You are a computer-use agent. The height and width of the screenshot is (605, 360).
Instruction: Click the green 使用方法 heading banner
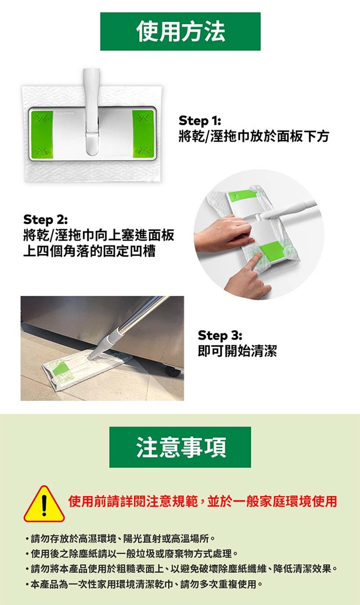180,31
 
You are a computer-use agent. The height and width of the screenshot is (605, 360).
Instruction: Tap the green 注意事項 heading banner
180,447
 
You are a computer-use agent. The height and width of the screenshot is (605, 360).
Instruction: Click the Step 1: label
200,121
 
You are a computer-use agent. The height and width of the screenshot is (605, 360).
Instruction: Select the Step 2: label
45,220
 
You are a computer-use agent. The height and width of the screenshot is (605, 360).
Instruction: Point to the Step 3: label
220,335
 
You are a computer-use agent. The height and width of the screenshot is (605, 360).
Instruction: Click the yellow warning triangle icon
44,504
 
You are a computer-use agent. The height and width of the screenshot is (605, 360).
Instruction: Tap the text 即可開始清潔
237,351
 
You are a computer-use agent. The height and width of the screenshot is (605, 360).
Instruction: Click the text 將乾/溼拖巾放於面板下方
254,136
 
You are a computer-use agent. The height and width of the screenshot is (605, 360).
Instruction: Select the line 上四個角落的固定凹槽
89,251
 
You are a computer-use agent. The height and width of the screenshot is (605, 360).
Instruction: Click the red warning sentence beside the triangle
203,501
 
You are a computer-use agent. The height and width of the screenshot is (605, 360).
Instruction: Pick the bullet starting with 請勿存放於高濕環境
120,538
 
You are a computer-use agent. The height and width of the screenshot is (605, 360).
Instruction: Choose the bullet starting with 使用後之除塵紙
132,554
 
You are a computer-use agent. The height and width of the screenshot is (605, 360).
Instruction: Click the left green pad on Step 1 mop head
42,134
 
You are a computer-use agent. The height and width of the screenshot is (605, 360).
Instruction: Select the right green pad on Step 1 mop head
143,134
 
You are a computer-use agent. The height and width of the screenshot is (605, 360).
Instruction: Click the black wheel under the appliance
173,371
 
